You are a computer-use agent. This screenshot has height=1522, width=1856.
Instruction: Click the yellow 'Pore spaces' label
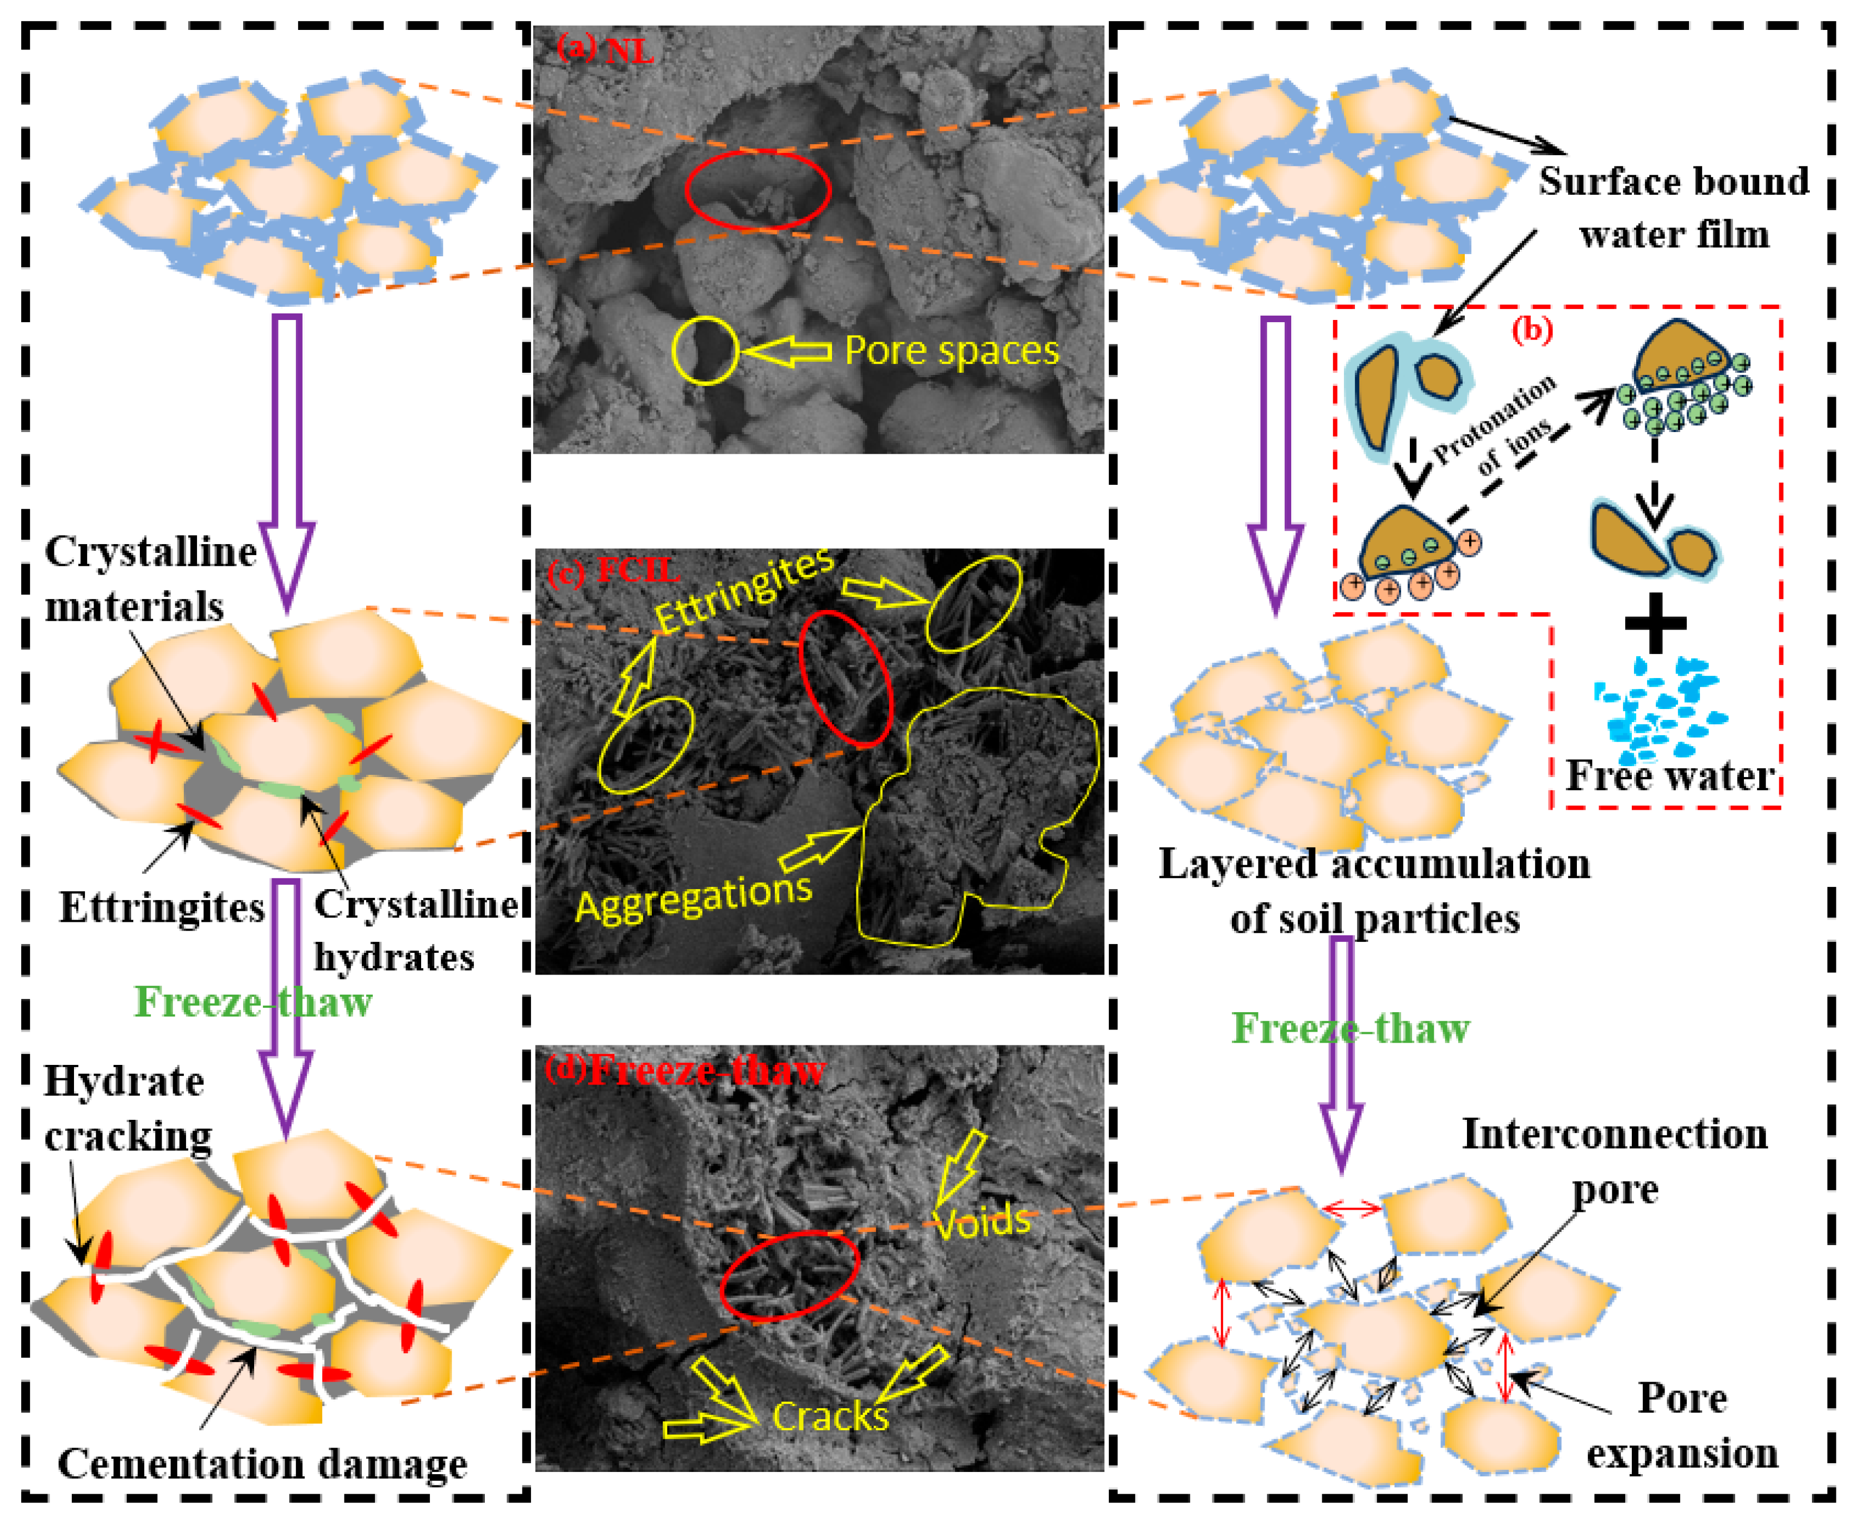point(951,350)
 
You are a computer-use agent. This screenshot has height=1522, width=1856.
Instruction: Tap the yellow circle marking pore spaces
point(705,350)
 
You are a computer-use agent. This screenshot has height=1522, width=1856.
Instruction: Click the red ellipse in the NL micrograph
point(757,189)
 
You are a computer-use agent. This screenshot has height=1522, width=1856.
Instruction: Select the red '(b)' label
point(1532,330)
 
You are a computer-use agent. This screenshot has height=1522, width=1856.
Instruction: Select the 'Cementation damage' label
point(262,1463)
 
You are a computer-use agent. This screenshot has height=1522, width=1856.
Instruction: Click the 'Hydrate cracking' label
point(128,1109)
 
